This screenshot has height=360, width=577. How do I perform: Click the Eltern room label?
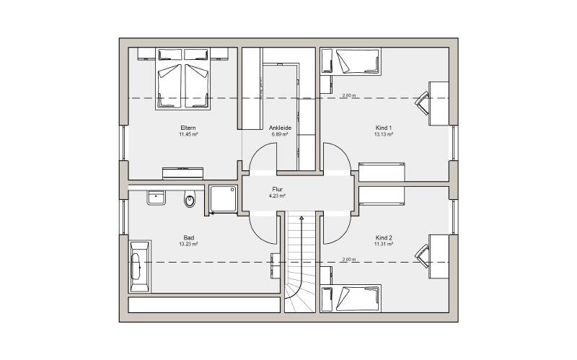pyautogui.click(x=188, y=128)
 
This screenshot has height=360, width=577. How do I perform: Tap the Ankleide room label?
pyautogui.click(x=280, y=128)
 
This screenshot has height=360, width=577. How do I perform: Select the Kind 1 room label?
pyautogui.click(x=384, y=128)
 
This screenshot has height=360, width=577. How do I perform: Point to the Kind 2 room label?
pyautogui.click(x=384, y=237)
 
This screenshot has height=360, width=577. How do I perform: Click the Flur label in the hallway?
pyautogui.click(x=278, y=190)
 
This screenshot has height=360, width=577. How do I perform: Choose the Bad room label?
pyautogui.click(x=189, y=238)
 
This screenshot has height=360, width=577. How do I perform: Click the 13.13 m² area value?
pyautogui.click(x=384, y=134)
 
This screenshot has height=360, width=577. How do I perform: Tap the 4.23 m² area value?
pyautogui.click(x=278, y=196)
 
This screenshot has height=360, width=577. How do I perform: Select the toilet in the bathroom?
pyautogui.click(x=190, y=199)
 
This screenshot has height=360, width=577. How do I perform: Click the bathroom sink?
pyautogui.click(x=157, y=198)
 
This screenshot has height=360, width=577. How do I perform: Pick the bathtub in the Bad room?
pyautogui.click(x=140, y=266)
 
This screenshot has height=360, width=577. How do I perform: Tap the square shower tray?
pyautogui.click(x=224, y=199)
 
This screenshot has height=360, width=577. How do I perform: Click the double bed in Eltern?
pyautogui.click(x=183, y=79)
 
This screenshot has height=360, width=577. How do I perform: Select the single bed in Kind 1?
pyautogui.click(x=357, y=61)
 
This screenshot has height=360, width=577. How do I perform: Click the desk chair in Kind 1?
pyautogui.click(x=423, y=103)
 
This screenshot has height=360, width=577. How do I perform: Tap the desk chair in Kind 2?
pyautogui.click(x=423, y=257)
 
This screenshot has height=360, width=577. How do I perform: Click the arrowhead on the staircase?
pyautogui.click(x=301, y=219)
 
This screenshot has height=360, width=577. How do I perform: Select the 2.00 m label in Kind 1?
pyautogui.click(x=349, y=96)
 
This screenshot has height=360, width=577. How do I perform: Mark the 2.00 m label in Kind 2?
pyautogui.click(x=349, y=260)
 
